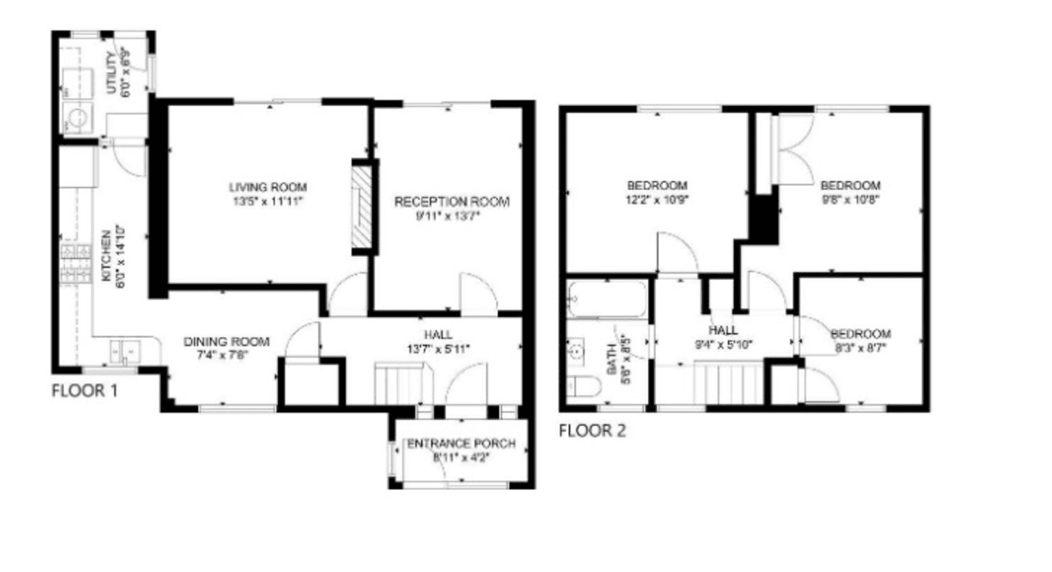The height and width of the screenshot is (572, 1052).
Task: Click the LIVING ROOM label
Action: click(267, 187)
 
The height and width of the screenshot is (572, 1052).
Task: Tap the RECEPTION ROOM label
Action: click(451, 202)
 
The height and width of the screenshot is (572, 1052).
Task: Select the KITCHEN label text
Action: click(107, 255)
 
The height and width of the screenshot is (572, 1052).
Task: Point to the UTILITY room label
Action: click(112, 73)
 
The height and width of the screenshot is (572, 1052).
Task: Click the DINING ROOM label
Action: click(226, 341)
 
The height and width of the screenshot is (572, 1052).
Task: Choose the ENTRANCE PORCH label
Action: click(461, 444)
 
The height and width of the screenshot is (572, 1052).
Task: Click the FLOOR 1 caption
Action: click(84, 390)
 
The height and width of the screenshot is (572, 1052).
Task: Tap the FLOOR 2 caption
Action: click(593, 431)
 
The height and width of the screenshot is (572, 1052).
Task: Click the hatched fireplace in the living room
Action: click(361, 207)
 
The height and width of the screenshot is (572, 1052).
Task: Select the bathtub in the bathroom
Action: click(607, 299)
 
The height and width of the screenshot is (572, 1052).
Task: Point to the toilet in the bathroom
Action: click(583, 387)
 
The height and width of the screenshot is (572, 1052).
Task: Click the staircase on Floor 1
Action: click(404, 383)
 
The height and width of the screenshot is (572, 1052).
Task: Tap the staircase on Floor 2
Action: click(729, 383)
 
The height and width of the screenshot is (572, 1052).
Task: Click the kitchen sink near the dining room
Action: click(124, 352)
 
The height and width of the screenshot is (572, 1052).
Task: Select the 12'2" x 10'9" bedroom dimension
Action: click(657, 200)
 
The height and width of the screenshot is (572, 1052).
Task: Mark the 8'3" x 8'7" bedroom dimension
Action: click(860, 348)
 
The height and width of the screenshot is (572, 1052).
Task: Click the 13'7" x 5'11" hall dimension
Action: click(438, 349)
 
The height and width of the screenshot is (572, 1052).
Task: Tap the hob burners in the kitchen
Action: click(75, 264)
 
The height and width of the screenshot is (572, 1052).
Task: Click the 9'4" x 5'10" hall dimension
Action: click(723, 345)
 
